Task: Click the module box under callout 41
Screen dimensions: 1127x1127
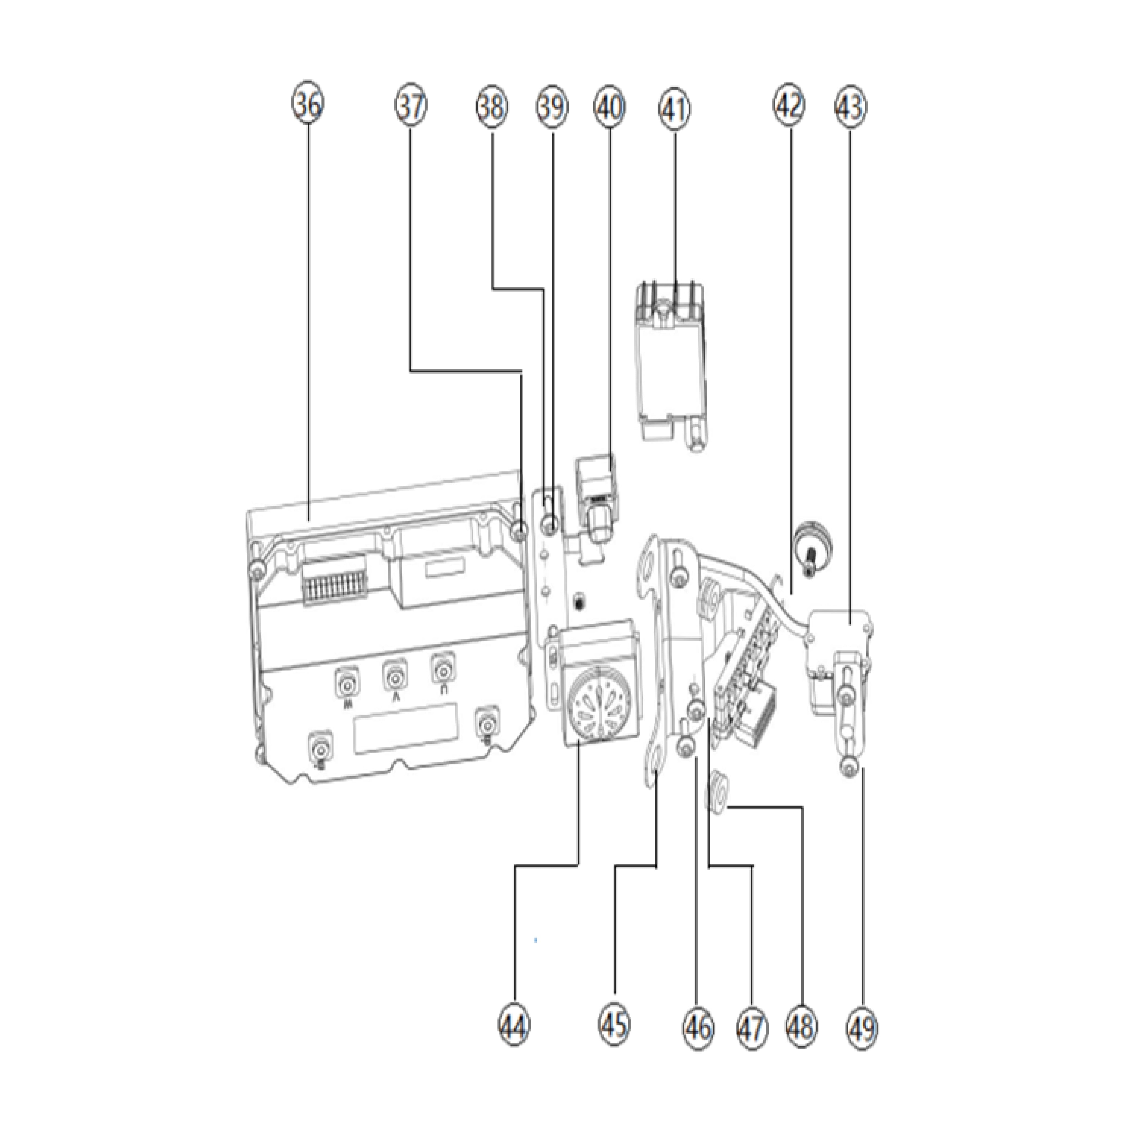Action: [671, 368]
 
